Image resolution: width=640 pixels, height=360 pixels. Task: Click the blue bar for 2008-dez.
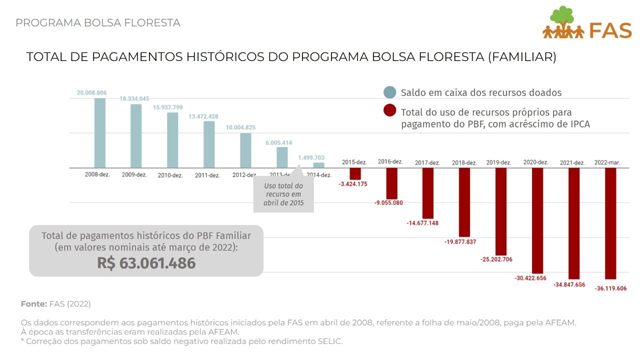tap(100, 133)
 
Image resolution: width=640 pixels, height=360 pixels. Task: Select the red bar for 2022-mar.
tap(610, 223)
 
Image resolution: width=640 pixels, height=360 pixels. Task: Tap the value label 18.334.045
tap(134, 99)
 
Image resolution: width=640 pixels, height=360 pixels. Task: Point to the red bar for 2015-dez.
tap(355, 173)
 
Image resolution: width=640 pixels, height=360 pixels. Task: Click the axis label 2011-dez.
tap(207, 175)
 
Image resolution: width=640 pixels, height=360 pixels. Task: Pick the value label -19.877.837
tap(460, 242)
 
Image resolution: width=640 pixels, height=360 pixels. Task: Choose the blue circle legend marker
tap(390, 92)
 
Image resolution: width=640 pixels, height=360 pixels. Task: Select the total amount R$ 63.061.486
tap(146, 263)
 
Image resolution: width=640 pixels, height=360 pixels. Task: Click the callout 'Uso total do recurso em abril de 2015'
tap(283, 195)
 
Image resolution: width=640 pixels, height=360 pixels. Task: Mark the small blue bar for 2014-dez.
tap(318, 165)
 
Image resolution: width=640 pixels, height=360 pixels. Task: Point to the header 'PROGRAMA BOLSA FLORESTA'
tap(98, 23)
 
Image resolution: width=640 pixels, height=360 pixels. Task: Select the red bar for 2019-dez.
tap(501, 211)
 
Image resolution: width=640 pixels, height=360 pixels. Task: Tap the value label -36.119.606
tap(610, 288)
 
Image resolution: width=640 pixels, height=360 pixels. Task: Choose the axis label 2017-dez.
tap(427, 163)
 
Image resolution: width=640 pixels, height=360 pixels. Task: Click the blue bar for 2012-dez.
tap(245, 150)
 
